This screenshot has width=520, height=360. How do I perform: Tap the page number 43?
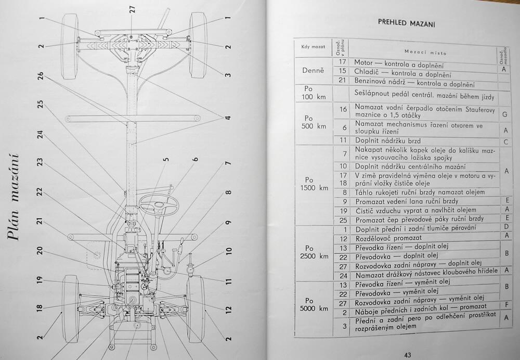(407, 355)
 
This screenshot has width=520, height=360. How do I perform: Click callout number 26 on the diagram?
(41, 78)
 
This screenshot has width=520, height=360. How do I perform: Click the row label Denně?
(313, 71)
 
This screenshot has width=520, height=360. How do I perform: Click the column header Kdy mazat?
(313, 47)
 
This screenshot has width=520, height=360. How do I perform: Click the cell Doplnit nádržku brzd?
(387, 140)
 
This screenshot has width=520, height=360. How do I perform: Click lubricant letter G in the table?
(504, 113)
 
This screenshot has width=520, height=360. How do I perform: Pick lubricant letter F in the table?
(504, 304)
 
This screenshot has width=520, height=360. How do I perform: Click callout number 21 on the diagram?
(41, 222)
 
